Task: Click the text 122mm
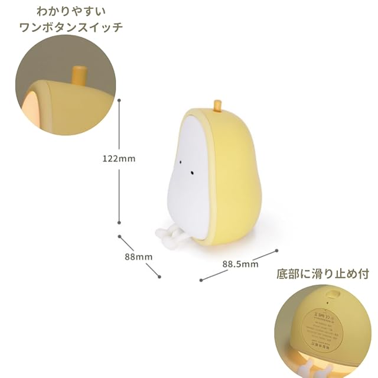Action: click(119, 159)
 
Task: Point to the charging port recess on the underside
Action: click(331, 294)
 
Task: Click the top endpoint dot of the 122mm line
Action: click(119, 101)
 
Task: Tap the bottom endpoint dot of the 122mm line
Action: click(119, 222)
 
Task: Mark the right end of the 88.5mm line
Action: click(276, 250)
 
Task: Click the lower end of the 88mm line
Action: click(158, 275)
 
